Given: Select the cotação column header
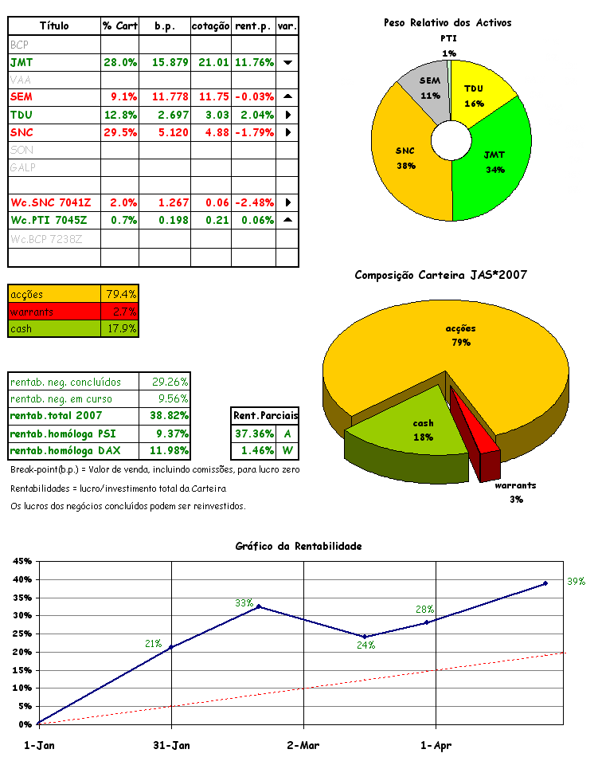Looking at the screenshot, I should point(211,26).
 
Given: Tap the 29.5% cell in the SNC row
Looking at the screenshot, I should point(120,132).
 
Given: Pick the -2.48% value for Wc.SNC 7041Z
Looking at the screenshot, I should point(253,202).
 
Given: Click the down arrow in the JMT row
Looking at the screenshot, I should point(287,62).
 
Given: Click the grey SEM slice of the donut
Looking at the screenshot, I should point(429,92).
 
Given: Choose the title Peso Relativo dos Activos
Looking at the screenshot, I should point(448,23).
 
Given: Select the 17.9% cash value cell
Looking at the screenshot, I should point(121,328).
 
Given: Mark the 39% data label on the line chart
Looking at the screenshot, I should point(576,582).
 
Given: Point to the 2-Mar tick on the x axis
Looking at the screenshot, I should point(303,746).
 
